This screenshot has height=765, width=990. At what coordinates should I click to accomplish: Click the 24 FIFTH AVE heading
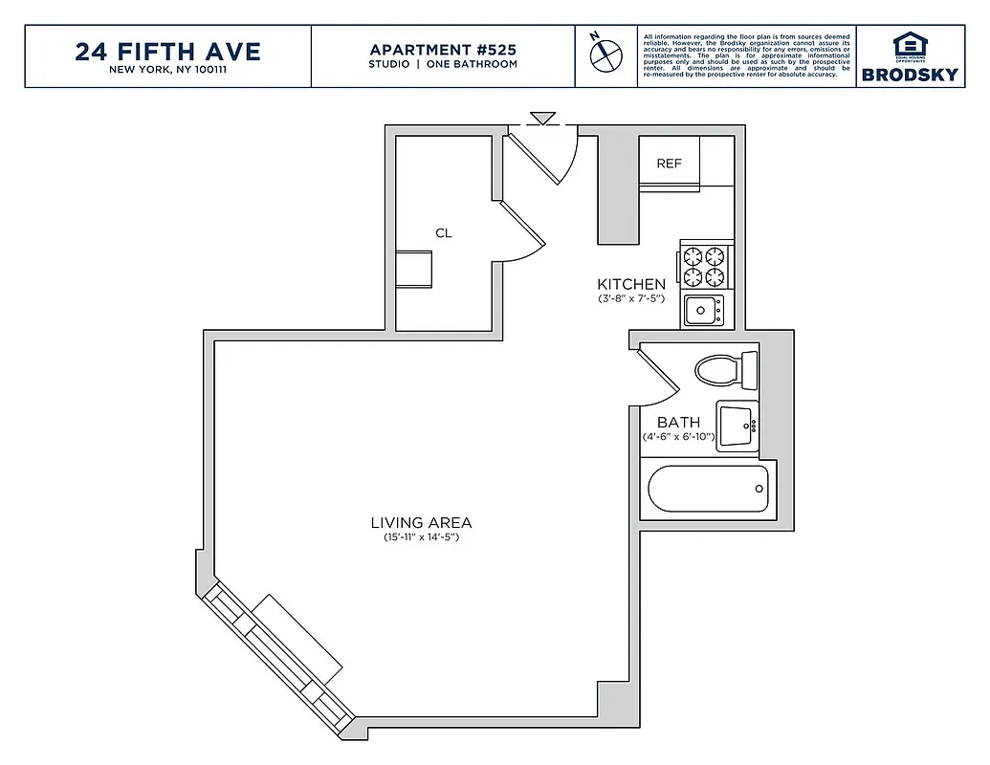click(167, 51)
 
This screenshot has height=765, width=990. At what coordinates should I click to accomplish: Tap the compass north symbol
click(603, 54)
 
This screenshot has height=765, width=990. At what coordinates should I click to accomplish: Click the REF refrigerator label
click(669, 164)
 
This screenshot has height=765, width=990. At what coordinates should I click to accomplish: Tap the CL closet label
click(443, 232)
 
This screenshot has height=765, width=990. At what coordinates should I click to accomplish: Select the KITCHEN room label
click(631, 284)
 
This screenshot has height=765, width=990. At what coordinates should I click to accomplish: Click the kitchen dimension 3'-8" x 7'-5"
click(631, 299)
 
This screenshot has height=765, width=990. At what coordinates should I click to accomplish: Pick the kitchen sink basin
click(701, 309)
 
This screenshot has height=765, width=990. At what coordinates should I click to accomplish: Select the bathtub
click(709, 489)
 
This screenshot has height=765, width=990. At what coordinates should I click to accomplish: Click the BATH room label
click(678, 422)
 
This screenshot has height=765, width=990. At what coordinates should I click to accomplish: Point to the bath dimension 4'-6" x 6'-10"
click(678, 437)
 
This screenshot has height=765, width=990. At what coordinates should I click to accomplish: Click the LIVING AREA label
click(421, 522)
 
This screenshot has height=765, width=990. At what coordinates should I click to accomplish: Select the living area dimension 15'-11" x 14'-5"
click(421, 537)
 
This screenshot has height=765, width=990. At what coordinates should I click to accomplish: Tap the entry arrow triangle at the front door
click(543, 118)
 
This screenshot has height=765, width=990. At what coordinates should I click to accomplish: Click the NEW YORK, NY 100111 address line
click(167, 69)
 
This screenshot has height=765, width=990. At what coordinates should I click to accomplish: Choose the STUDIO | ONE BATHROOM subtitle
click(443, 64)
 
